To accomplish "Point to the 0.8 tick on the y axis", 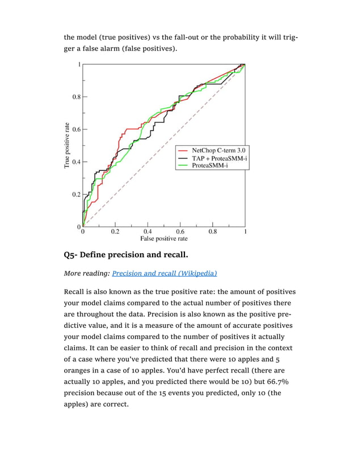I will click(76, 97).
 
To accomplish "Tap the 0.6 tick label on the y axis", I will click(76, 129).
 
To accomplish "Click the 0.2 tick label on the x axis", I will click(115, 232).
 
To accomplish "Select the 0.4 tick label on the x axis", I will click(148, 232).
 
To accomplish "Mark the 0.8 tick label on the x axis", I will click(212, 232).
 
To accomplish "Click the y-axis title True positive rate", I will click(67, 145).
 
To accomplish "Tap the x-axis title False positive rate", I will click(164, 239).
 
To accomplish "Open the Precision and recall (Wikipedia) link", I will click(164, 273).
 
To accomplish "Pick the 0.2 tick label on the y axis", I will click(76, 194).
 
